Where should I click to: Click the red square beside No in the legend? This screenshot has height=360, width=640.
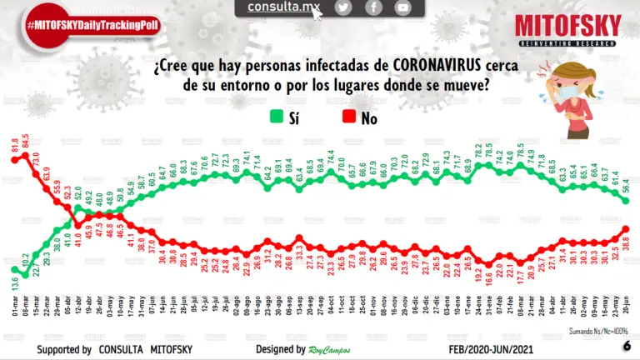tap(347, 117)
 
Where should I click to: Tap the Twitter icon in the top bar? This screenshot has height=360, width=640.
tap(343, 7)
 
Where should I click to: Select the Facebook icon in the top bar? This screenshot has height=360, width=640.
tap(373, 7)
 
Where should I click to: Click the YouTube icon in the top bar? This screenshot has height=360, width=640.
tap(403, 7)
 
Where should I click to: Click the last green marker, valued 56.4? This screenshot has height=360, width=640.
tap(625, 201)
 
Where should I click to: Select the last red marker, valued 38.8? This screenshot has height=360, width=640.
tap(625, 230)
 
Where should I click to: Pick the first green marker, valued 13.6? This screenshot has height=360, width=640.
tap(15, 270)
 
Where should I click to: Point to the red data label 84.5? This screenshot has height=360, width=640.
tap(24, 139)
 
